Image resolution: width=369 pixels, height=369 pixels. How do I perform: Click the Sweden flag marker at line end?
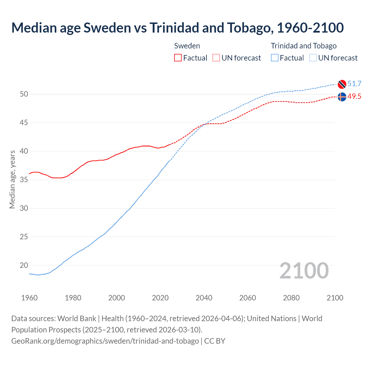click(x=342, y=97)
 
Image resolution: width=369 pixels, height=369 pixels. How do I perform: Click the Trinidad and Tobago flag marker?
click(x=342, y=84)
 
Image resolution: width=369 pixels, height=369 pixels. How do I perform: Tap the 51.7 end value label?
click(x=354, y=84)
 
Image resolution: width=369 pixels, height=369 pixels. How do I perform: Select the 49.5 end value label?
click(x=354, y=96)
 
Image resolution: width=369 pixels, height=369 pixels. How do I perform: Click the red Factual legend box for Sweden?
click(x=178, y=58)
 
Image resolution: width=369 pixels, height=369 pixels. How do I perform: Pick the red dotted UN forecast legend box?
click(x=216, y=58)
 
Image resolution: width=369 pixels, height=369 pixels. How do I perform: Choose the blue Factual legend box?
click(x=275, y=58)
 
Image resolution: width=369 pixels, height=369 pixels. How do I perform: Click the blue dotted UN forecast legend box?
click(x=313, y=58)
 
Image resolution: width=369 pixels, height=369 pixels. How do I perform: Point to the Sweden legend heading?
click(x=187, y=46)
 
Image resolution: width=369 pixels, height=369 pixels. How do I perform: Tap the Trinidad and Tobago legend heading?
click(x=304, y=46)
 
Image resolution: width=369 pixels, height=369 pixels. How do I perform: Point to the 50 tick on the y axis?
click(x=24, y=94)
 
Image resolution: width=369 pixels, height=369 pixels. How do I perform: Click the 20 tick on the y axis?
click(x=24, y=265)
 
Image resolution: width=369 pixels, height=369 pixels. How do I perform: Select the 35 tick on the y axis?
click(x=24, y=180)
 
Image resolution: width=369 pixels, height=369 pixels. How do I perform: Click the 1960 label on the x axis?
click(x=29, y=298)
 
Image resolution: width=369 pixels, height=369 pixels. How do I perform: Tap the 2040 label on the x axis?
click(x=204, y=298)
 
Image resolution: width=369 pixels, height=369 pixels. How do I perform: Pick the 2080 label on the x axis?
click(x=291, y=298)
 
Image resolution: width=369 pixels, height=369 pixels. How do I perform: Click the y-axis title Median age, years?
click(x=12, y=179)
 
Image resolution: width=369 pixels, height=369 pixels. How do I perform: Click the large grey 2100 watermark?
click(x=304, y=270)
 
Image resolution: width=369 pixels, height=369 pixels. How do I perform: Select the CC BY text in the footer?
click(x=215, y=341)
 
